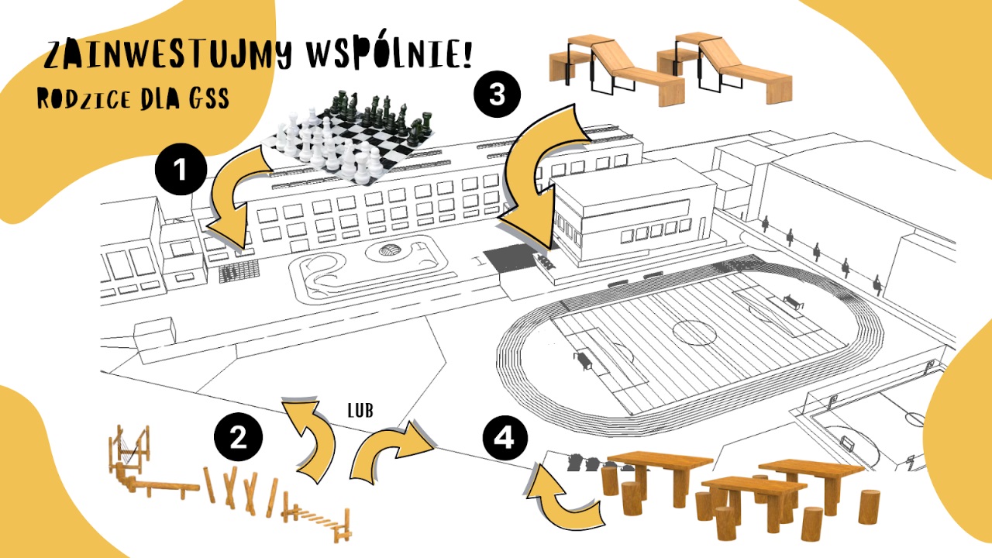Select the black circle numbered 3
(x=497, y=95)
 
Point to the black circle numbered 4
(x=505, y=439)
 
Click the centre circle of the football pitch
(x=691, y=332)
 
